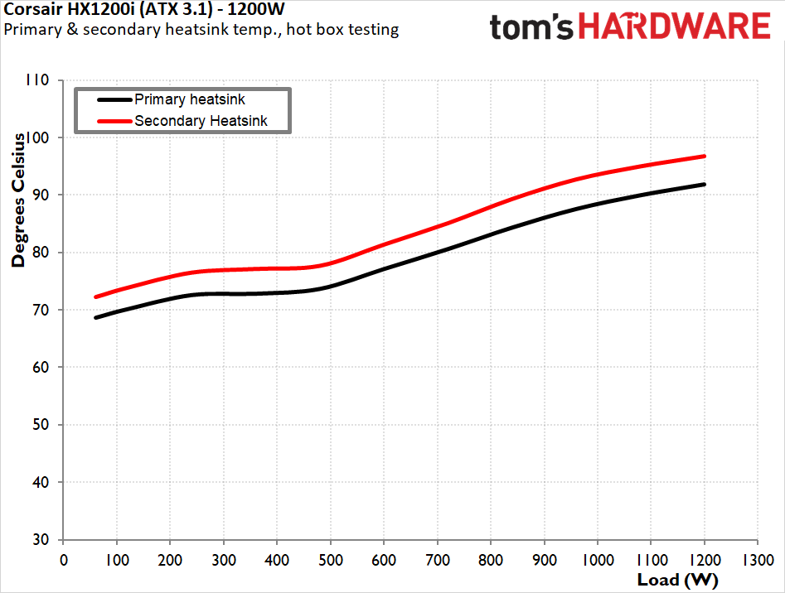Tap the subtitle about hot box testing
(x=201, y=30)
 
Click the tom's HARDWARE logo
(x=630, y=27)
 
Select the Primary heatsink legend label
(x=190, y=99)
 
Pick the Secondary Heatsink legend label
(x=212, y=121)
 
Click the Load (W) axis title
(x=677, y=578)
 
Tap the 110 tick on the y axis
(x=38, y=80)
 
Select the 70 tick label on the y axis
(x=41, y=310)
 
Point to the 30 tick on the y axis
(x=41, y=539)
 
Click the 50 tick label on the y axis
(x=41, y=425)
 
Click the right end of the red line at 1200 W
(x=705, y=156)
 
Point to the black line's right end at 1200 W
(x=705, y=184)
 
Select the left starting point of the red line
(x=96, y=296)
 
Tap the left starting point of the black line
(x=96, y=317)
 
